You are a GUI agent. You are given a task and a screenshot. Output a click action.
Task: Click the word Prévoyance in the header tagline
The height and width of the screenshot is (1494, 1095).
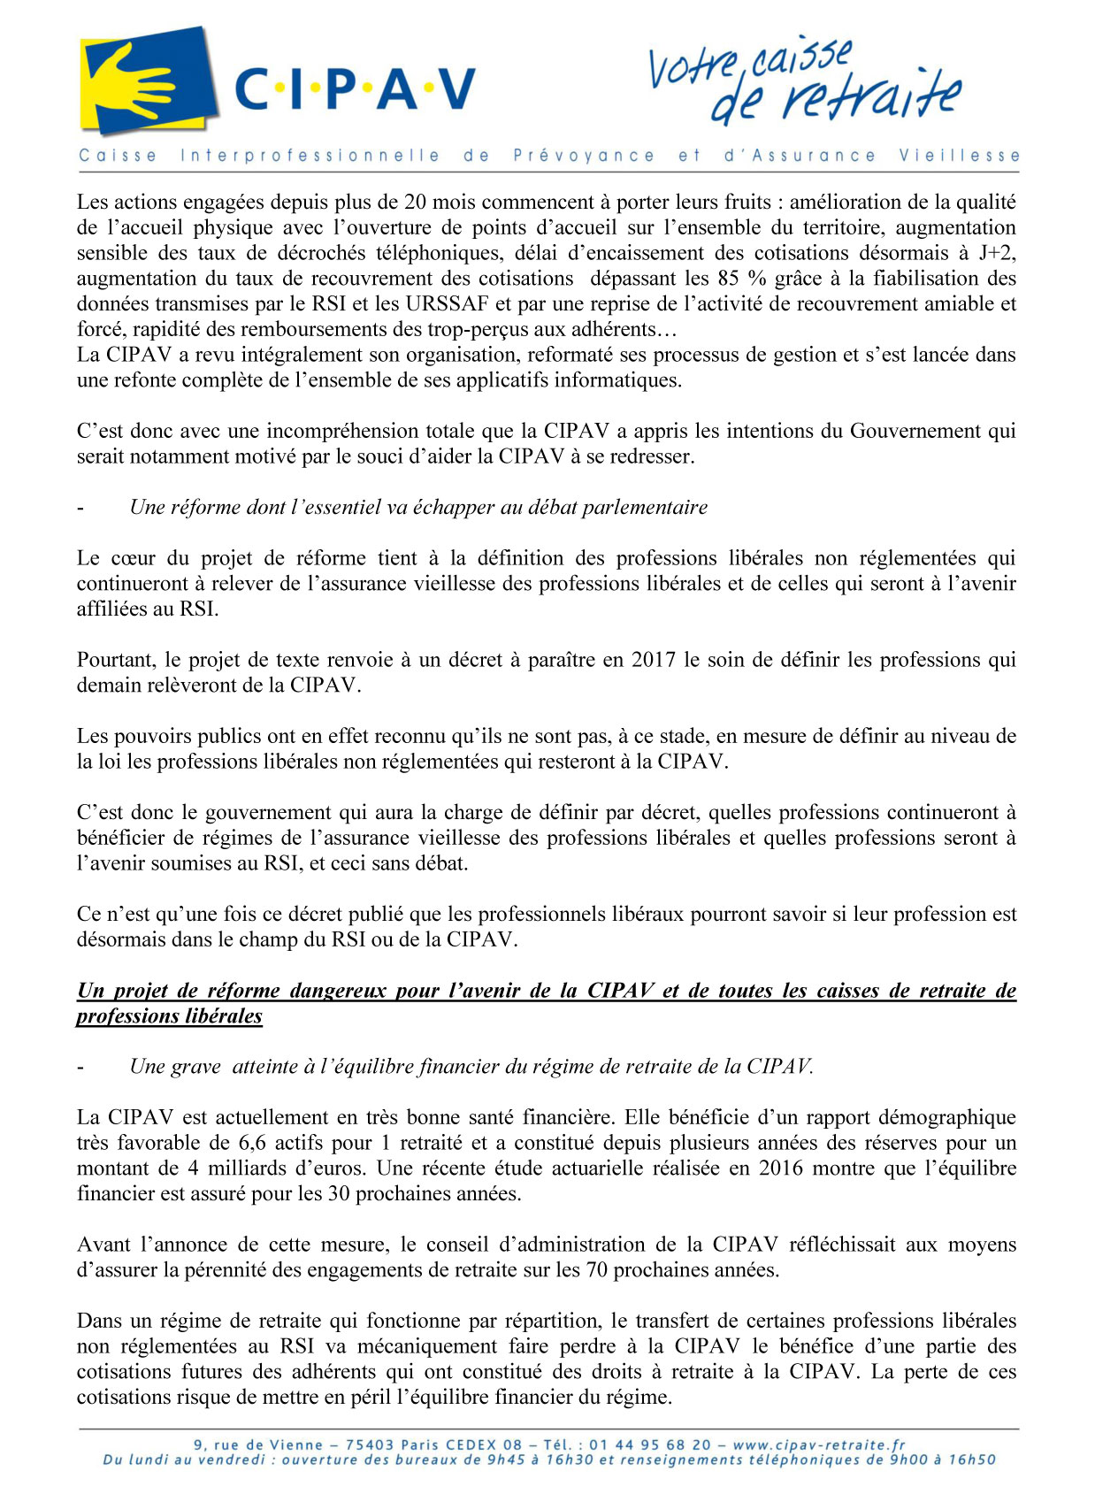(x=584, y=156)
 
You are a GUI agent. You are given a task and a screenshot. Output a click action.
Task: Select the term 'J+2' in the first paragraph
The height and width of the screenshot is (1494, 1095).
(x=997, y=253)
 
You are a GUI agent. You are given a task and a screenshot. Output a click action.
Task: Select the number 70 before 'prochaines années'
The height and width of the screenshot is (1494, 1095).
(x=596, y=1270)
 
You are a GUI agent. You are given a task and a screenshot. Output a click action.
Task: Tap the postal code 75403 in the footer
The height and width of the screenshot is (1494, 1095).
(x=370, y=1445)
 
